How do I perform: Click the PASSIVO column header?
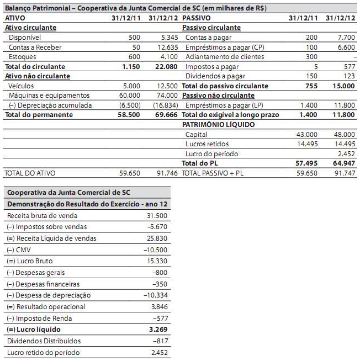196,18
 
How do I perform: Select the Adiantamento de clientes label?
221,57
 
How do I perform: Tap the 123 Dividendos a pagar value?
349,76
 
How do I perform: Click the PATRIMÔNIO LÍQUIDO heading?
219,125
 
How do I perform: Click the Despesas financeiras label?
44,284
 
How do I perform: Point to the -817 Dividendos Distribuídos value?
159,341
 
